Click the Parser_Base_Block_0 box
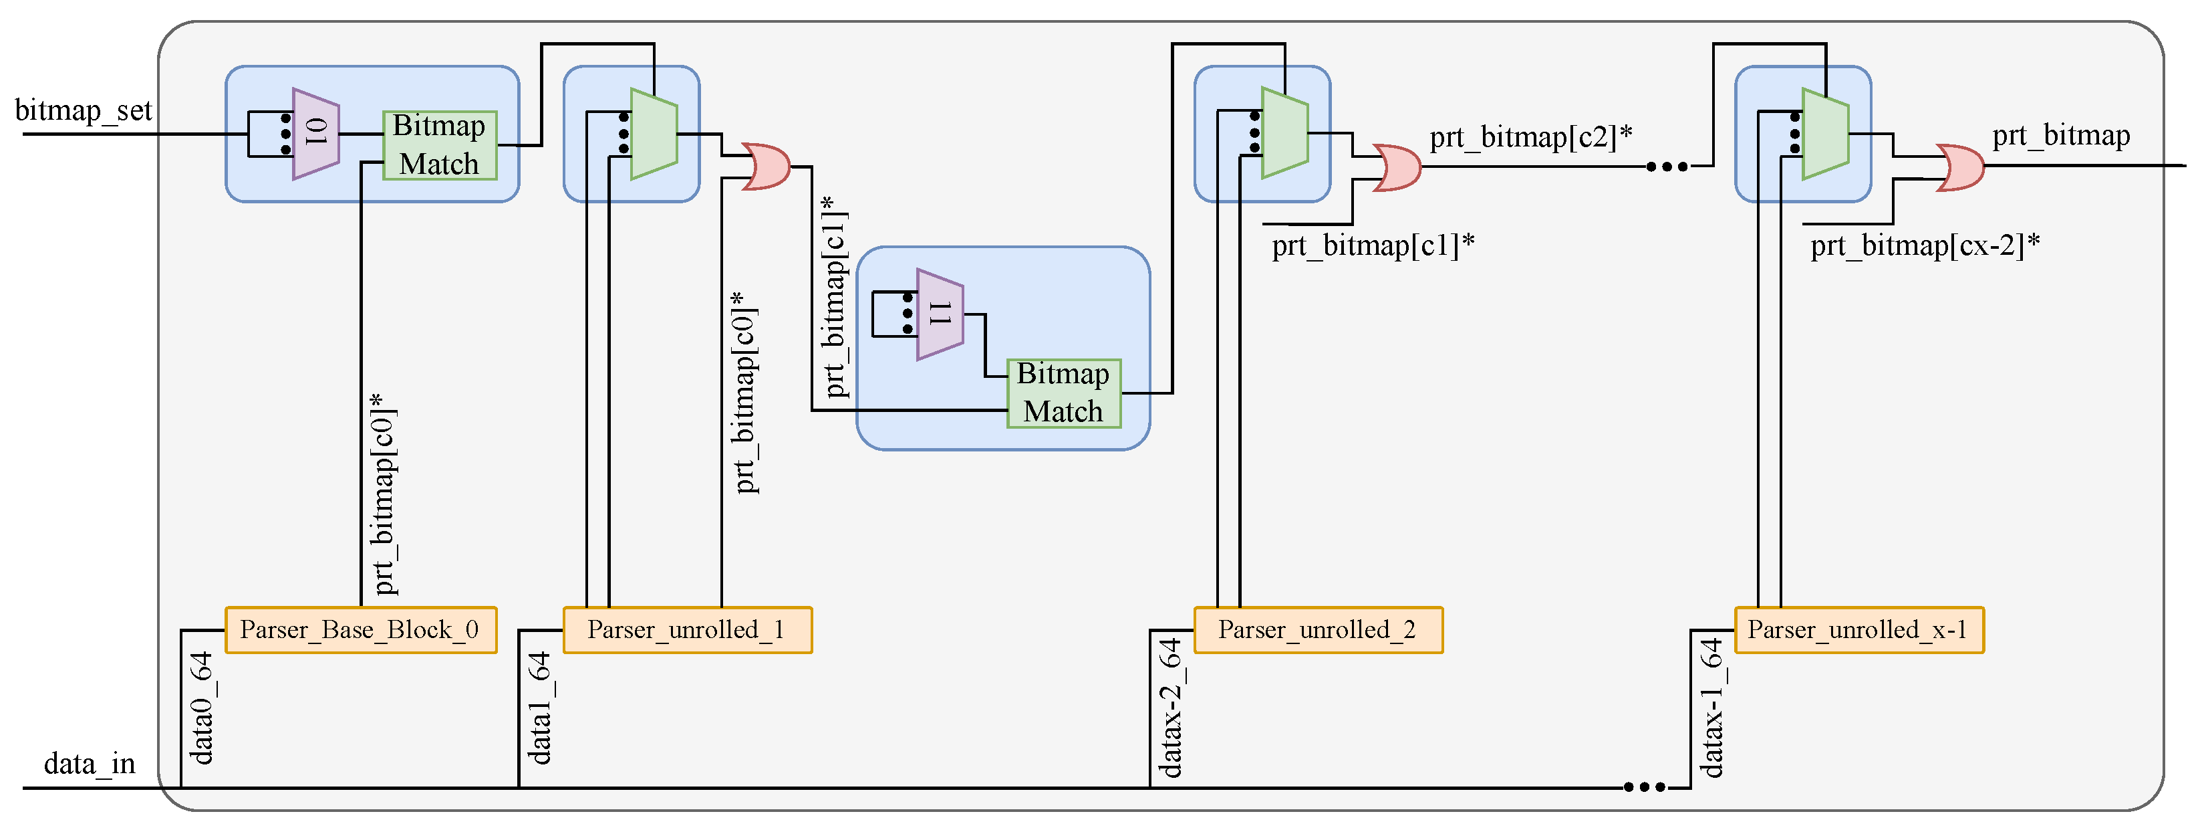tap(360, 630)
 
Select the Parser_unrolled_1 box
tap(687, 630)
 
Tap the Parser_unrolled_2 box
tap(1317, 630)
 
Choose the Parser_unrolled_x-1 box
tap(1858, 630)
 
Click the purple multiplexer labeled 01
tap(316, 134)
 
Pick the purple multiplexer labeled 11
tap(940, 314)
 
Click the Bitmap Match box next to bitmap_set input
tap(439, 145)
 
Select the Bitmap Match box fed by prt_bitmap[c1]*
tap(1063, 393)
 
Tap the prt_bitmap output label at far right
tap(2060, 135)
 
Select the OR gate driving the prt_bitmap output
tap(1959, 167)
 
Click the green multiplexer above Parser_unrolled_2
tap(1284, 133)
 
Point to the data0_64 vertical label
tap(201, 708)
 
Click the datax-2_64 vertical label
tap(1171, 708)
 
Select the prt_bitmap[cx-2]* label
tap(1924, 246)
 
